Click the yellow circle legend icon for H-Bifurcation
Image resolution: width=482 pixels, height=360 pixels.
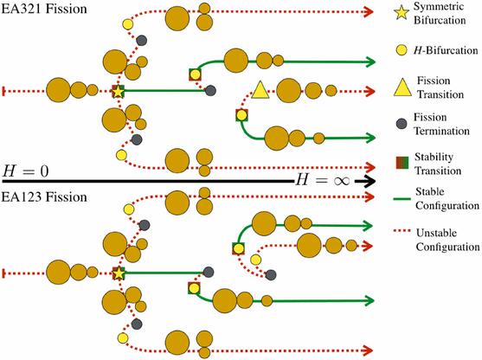(399, 50)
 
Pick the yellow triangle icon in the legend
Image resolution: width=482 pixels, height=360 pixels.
(399, 88)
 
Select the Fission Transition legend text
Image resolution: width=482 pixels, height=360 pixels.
(441, 88)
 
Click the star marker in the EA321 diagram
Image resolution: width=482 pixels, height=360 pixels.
(119, 90)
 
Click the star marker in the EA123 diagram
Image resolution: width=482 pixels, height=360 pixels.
(119, 273)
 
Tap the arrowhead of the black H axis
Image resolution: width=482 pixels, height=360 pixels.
(370, 181)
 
